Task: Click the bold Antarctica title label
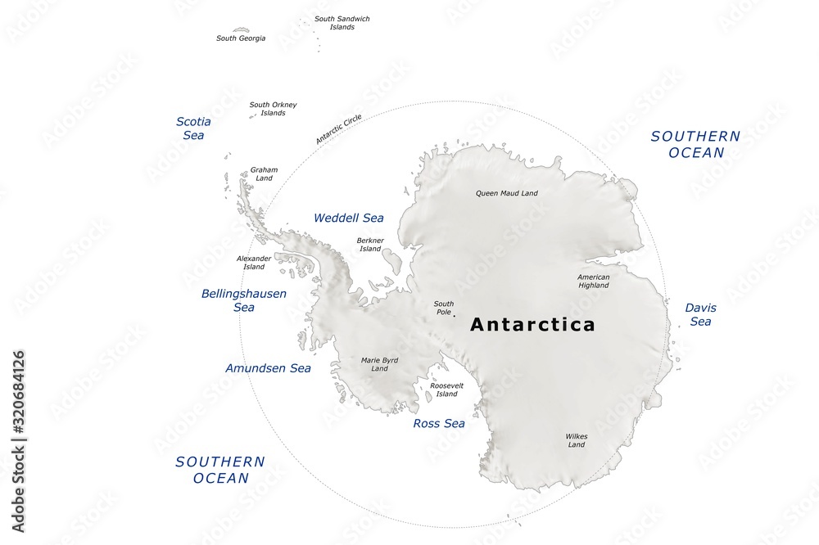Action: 532,325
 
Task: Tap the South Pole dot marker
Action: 454,315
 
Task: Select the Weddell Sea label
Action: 348,218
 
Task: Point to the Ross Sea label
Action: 438,423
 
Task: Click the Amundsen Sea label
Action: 268,368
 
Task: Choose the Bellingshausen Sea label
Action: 244,300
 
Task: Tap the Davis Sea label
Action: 700,314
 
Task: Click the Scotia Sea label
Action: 193,128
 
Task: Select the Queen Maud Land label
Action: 507,193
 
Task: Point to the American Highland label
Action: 593,281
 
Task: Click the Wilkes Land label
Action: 577,440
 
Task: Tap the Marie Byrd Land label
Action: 379,363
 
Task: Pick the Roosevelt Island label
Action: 446,390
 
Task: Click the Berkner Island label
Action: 370,244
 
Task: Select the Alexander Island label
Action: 254,262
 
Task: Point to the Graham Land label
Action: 264,173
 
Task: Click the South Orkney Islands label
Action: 273,109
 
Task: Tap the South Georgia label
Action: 241,38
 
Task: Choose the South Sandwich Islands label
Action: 342,23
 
